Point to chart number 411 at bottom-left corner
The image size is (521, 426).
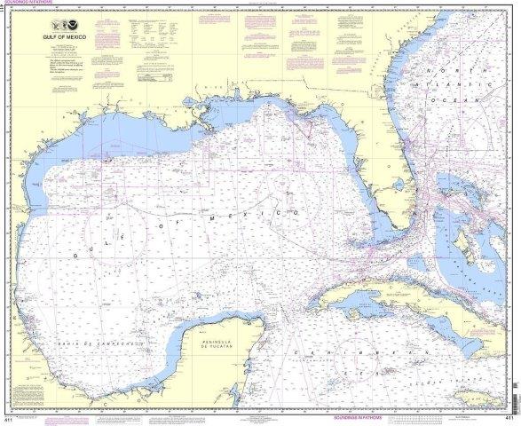pyautogui.click(x=7, y=418)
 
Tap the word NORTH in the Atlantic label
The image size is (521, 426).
pyautogui.click(x=445, y=70)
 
